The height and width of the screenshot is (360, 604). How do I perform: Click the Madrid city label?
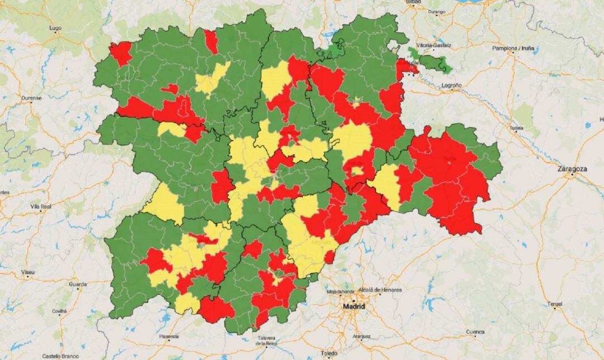[355, 307]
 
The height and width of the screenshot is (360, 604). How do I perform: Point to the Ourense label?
[31, 98]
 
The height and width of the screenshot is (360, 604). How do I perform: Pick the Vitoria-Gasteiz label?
[433, 45]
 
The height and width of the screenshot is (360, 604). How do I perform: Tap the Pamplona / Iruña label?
[513, 49]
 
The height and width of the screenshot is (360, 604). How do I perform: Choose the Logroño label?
[451, 86]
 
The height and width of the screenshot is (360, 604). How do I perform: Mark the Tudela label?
[517, 128]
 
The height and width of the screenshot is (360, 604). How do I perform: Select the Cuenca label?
[475, 331]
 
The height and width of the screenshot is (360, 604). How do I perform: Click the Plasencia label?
[168, 337]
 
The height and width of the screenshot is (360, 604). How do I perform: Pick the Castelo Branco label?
[58, 356]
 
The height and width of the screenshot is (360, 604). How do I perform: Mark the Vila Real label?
[41, 206]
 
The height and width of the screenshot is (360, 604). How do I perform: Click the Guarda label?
[77, 284]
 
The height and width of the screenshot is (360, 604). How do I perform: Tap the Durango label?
[436, 12]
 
